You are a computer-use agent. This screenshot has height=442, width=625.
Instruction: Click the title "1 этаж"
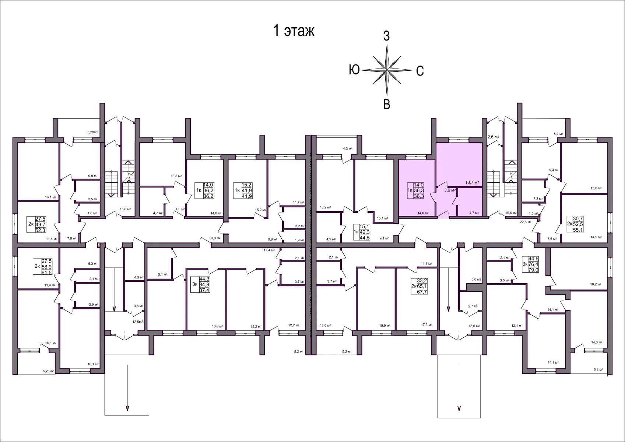294,31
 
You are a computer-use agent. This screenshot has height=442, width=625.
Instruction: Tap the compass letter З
386,36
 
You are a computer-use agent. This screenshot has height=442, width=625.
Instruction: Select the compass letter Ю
354,70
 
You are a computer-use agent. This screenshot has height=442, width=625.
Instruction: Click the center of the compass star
387,70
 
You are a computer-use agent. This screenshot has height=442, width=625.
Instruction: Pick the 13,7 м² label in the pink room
472,182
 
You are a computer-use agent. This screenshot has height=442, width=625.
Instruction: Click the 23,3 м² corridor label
215,238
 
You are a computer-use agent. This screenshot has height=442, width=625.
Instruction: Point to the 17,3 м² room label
426,325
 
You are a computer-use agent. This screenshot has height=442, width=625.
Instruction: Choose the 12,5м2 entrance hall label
138,322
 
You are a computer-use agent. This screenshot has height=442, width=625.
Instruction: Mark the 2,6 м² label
493,137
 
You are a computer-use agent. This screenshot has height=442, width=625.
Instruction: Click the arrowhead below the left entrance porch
127,408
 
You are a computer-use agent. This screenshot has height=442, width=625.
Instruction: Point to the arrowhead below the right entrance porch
459,408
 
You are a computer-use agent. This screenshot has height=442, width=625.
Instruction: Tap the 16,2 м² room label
595,284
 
